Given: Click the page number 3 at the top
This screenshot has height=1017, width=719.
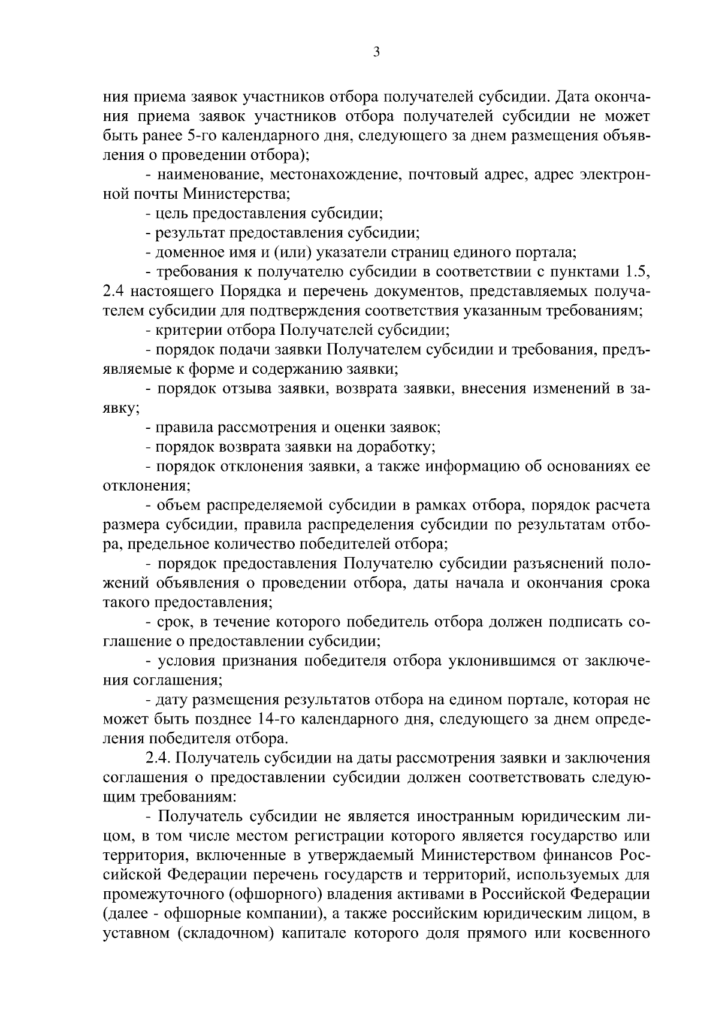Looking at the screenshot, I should [x=376, y=52].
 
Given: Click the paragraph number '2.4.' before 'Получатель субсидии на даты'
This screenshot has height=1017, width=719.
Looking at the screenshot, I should [x=159, y=757].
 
